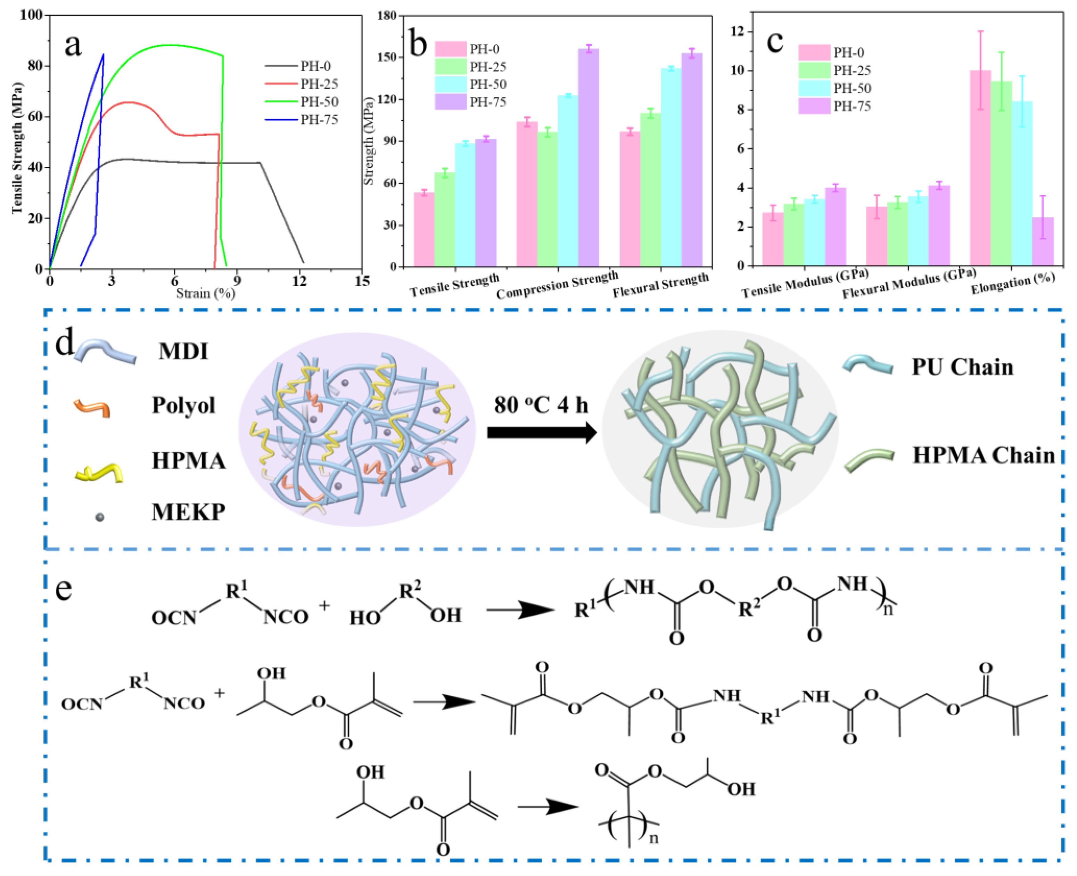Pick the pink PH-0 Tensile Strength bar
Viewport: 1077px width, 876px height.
tap(424, 230)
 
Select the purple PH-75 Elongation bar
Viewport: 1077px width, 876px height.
tap(1043, 241)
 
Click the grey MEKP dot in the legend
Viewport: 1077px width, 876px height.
tap(100, 517)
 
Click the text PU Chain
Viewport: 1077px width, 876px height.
tap(962, 367)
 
